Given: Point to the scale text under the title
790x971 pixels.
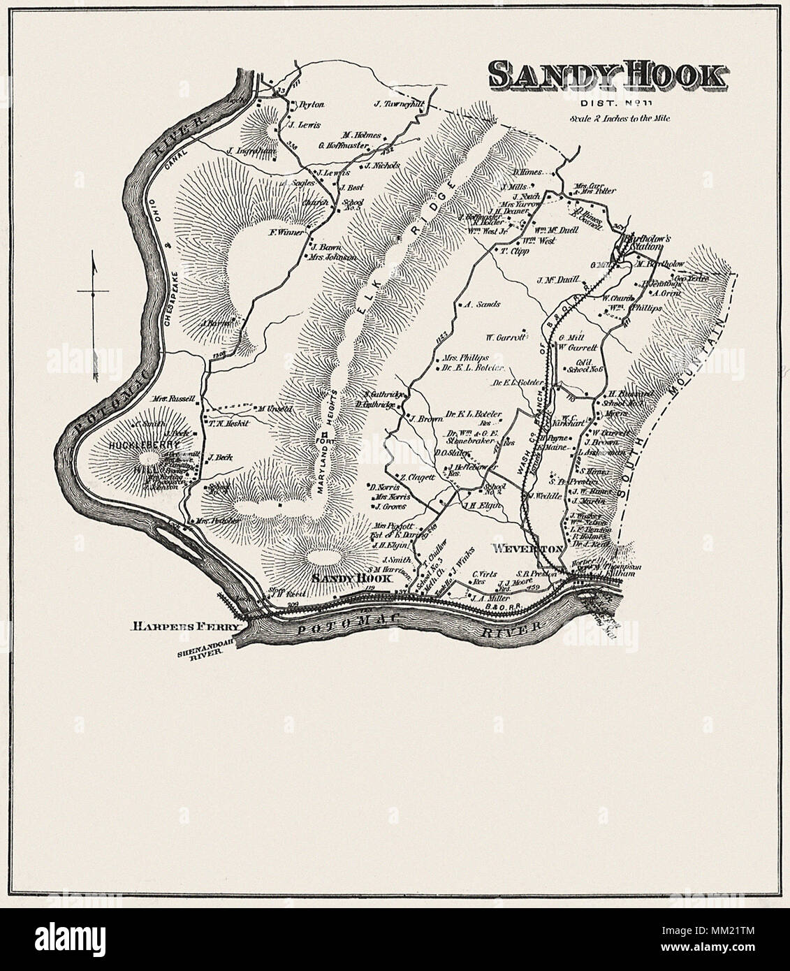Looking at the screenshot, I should (x=619, y=119).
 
